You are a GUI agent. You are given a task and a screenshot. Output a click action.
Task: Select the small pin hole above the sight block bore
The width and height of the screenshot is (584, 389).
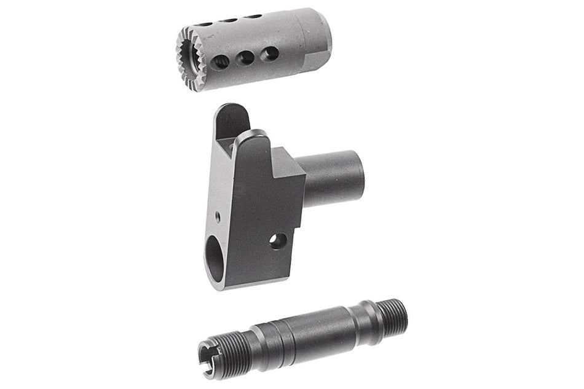pyautogui.click(x=217, y=216)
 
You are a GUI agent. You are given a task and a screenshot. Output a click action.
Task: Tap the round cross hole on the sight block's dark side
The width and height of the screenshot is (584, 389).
pyautogui.click(x=278, y=240)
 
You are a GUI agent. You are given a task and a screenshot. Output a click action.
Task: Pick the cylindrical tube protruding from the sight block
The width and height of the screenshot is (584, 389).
pyautogui.click(x=336, y=178)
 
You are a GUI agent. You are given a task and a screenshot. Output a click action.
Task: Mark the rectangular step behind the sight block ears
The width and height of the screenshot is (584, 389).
pyautogui.click(x=288, y=162)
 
